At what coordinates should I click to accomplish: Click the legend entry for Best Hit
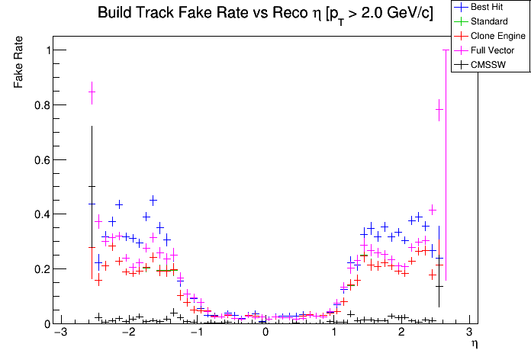[x=487, y=7]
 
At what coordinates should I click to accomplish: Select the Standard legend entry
[x=488, y=21]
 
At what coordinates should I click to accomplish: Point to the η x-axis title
[x=474, y=345]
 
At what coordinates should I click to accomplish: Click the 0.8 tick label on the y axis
[x=39, y=105]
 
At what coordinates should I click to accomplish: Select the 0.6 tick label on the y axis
[x=39, y=160]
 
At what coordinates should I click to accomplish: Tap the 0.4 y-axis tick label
[x=39, y=214]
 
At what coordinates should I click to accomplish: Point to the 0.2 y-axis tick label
[x=39, y=269]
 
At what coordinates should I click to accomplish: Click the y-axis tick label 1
[x=46, y=50]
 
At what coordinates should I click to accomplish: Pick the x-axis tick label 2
[x=401, y=333]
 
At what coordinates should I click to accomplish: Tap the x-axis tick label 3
[x=469, y=333]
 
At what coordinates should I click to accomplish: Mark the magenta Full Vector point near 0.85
[x=92, y=92]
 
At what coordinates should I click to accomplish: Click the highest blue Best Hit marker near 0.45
[x=153, y=200]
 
